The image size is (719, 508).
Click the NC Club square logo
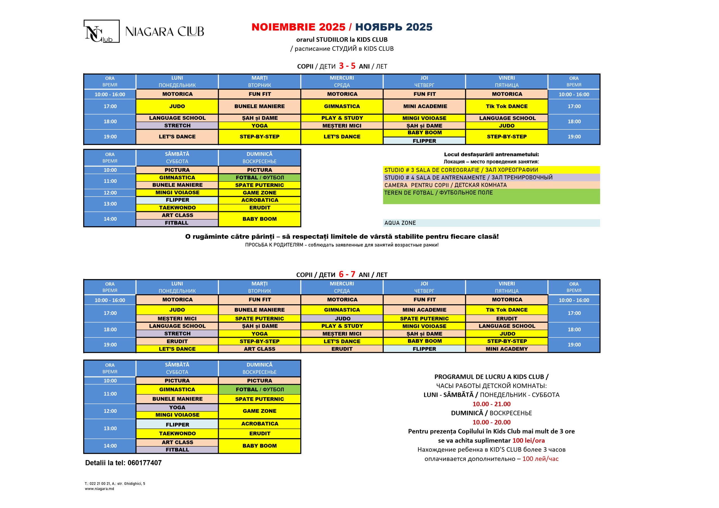[101, 31]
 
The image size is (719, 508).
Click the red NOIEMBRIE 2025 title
[298, 27]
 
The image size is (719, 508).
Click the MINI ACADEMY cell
[507, 349]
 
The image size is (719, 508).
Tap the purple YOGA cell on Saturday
[177, 407]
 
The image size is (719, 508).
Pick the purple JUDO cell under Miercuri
[342, 318]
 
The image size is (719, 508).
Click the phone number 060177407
[145, 463]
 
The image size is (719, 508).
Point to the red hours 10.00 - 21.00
[491, 404]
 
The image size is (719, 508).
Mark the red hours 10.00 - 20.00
[491, 422]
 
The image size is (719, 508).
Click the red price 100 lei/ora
[528, 440]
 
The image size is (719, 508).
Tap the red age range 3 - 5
[347, 66]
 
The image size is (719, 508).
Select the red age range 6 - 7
[347, 274]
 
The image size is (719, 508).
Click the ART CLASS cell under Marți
[260, 349]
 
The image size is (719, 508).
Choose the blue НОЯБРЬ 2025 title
[394, 27]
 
